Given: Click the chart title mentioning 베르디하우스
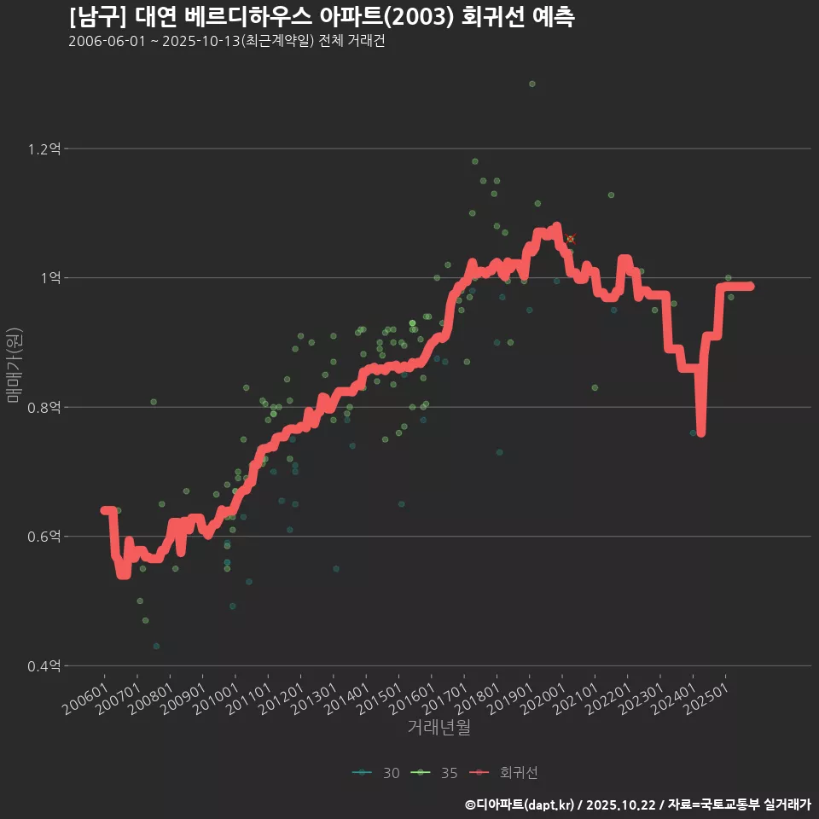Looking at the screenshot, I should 322,17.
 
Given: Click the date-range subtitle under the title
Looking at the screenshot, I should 226,41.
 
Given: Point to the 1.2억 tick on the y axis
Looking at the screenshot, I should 44,149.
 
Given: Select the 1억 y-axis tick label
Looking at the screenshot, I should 49,278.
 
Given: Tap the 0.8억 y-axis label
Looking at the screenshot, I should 44,408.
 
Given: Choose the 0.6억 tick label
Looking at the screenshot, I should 44,537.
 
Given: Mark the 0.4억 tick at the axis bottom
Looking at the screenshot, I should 44,666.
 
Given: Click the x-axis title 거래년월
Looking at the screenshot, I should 439,727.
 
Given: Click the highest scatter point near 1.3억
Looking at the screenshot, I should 531,84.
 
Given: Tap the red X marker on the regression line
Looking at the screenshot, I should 570,239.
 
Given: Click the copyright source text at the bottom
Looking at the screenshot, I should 637,804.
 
